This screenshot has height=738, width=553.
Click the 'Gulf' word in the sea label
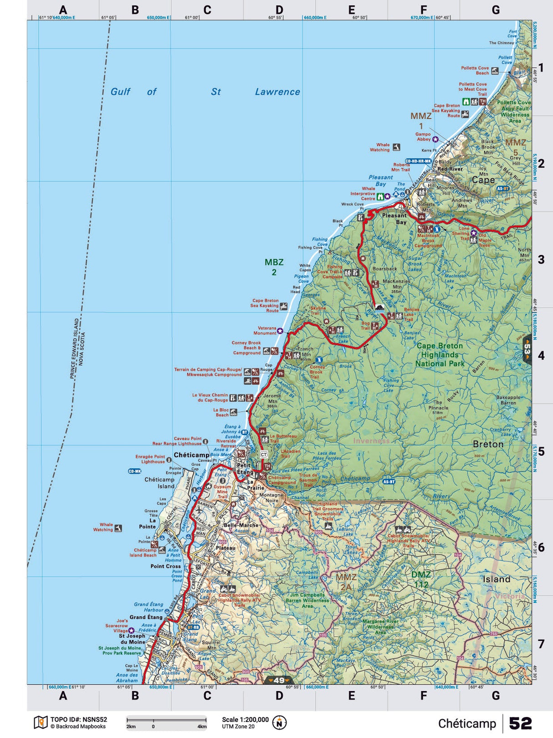point(121,92)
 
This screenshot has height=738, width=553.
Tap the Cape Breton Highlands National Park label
point(440,354)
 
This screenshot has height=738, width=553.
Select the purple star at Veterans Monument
point(280,331)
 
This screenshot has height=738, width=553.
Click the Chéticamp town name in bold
point(191,455)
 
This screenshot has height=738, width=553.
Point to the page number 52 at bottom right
point(520,723)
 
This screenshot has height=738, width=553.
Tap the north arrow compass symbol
point(279,722)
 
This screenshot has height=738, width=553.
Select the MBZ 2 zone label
point(274,267)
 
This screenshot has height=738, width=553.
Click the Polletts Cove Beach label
point(475,70)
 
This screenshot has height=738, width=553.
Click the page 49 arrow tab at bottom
point(279,680)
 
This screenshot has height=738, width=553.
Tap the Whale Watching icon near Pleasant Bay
point(396,147)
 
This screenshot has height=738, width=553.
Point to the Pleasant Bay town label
point(394,218)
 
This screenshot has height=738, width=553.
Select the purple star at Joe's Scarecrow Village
point(131,630)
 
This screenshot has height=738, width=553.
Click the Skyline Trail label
point(318,311)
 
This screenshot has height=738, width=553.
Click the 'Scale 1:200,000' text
point(245,719)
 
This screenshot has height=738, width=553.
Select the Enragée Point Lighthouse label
point(150,459)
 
